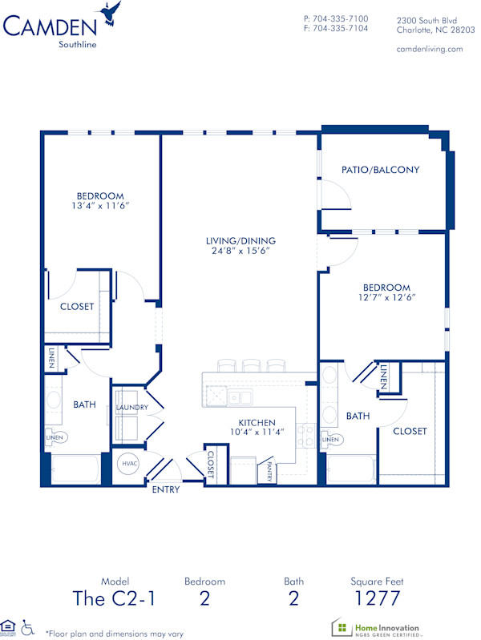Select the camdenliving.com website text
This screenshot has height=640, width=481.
pos(430,49)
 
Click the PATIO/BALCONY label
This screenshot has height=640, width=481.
pos(381,170)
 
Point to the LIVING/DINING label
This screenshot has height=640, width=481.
pos(240,240)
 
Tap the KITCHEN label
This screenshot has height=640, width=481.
pos(257,422)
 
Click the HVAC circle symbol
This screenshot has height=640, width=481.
pos(128,463)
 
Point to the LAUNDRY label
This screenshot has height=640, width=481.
pos(131,408)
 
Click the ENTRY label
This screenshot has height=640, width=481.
pos(166,489)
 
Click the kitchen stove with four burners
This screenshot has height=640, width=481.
pos(305,435)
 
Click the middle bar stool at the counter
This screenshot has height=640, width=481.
pos(252,365)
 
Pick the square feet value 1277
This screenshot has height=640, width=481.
pos(377,598)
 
